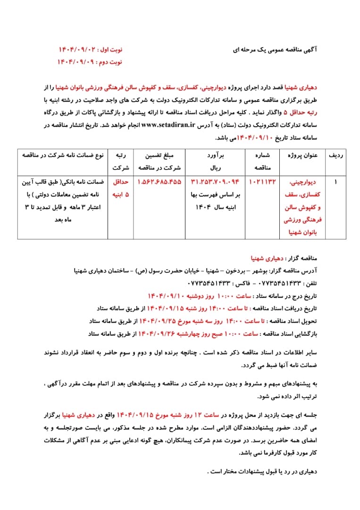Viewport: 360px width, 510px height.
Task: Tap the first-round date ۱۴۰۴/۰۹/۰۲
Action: (x=77, y=50)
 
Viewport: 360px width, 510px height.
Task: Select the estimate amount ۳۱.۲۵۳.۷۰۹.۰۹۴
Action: (x=215, y=181)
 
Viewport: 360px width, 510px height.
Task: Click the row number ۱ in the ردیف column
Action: (x=335, y=181)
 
